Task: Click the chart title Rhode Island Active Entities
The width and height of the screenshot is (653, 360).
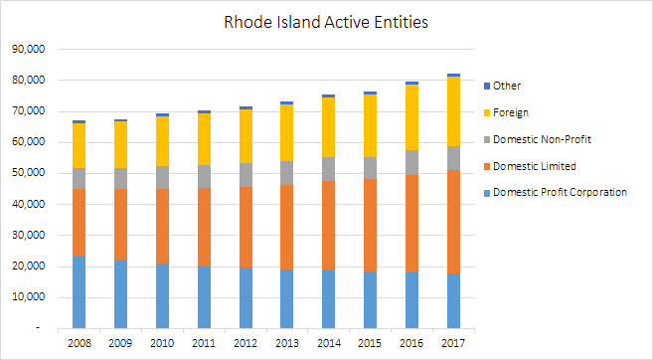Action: coord(327,21)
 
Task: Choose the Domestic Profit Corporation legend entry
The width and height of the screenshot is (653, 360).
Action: coord(561,192)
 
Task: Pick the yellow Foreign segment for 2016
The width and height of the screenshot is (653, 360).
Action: coord(411,117)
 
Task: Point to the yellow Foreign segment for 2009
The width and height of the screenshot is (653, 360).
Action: coord(120,144)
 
